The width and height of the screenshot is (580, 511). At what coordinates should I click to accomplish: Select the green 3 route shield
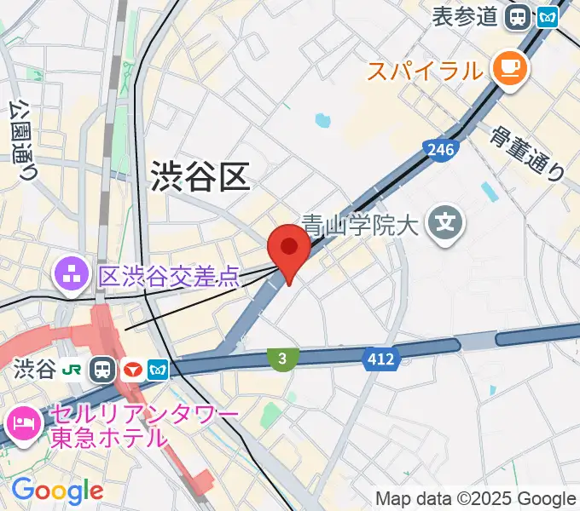click(281, 359)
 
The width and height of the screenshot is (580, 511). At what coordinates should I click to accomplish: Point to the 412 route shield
click(380, 359)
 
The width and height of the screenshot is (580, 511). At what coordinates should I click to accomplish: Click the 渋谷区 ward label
click(200, 177)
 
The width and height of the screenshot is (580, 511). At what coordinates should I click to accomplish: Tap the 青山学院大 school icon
click(446, 224)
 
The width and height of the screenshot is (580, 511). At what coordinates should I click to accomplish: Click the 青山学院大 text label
click(362, 226)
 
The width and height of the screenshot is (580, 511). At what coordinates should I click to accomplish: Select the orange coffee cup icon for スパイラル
click(510, 69)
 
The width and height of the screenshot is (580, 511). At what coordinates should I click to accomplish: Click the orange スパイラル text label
click(425, 70)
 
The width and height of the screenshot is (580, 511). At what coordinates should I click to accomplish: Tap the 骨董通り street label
click(528, 153)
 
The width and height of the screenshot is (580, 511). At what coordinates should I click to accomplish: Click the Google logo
click(58, 491)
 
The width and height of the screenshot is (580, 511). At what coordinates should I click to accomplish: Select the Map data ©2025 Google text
click(476, 498)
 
